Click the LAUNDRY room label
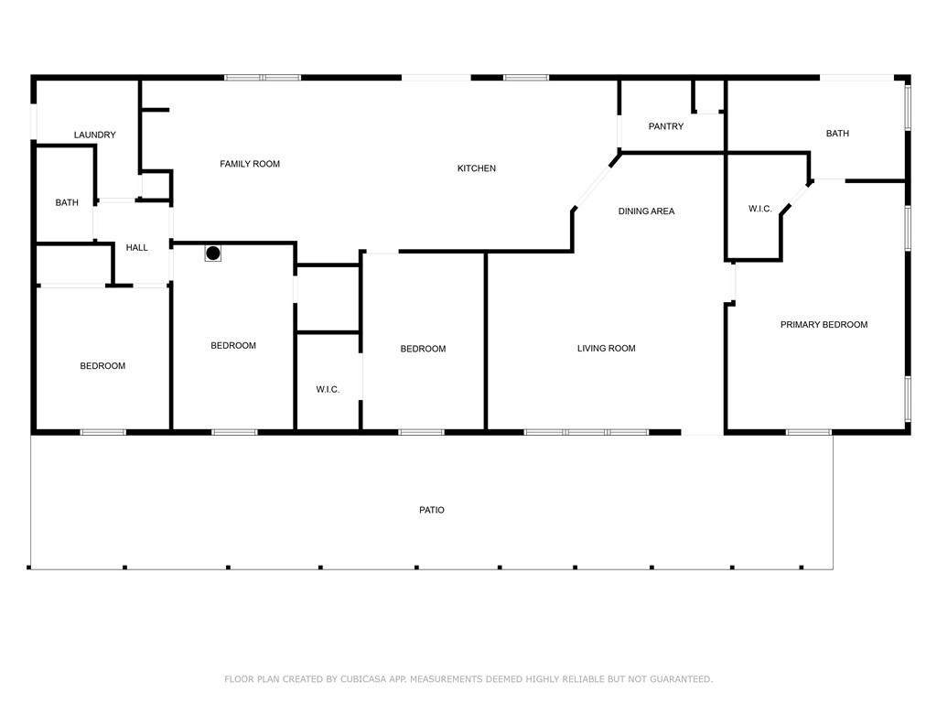pyautogui.click(x=95, y=135)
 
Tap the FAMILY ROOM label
pyautogui.click(x=250, y=164)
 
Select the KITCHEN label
pyautogui.click(x=476, y=168)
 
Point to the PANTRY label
pyautogui.click(x=666, y=126)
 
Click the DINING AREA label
pyautogui.click(x=646, y=211)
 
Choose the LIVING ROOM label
pyautogui.click(x=606, y=348)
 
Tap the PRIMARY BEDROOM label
pyautogui.click(x=824, y=325)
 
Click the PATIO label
pyautogui.click(x=432, y=510)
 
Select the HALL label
pyautogui.click(x=137, y=247)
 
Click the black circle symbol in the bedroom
pyautogui.click(x=212, y=254)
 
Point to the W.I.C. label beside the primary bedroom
pyautogui.click(x=759, y=209)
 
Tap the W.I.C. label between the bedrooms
pyautogui.click(x=328, y=390)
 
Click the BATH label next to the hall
pyautogui.click(x=67, y=202)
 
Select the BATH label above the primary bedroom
pyautogui.click(x=837, y=134)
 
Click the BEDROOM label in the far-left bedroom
pyautogui.click(x=102, y=366)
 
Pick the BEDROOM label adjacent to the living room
pyautogui.click(x=423, y=349)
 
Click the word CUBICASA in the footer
pyautogui.click(x=363, y=679)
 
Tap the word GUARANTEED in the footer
pyautogui.click(x=681, y=679)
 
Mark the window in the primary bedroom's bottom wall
pyautogui.click(x=809, y=432)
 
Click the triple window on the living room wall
pyautogui.click(x=587, y=432)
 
